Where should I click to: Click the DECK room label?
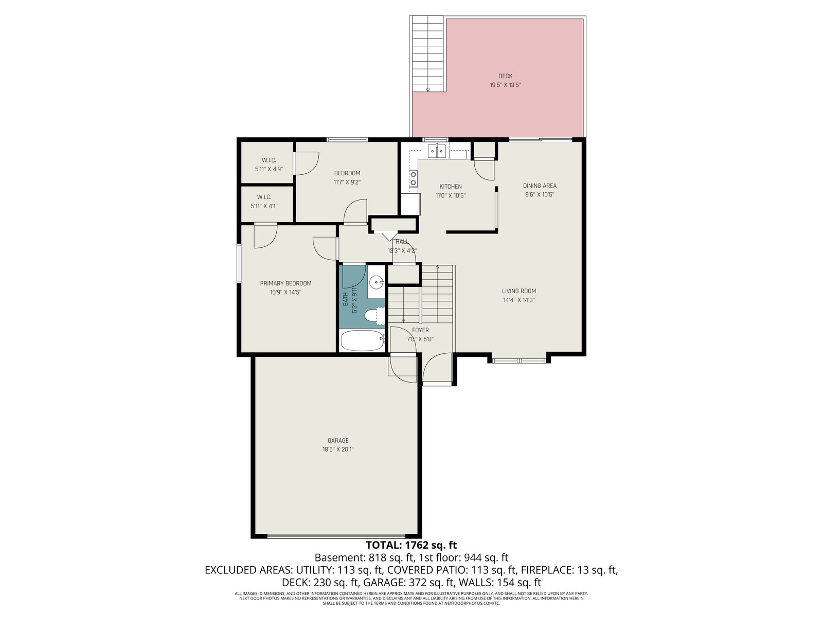[505, 76]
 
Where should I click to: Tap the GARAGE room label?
[338, 441]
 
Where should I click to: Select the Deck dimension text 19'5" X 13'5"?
[505, 85]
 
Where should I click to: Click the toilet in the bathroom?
[374, 315]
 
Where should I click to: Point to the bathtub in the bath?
[362, 340]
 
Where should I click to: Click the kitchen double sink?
[437, 151]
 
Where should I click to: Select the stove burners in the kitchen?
[413, 178]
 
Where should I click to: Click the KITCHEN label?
[450, 187]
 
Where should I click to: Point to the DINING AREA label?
[540, 186]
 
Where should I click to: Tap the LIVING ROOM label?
[519, 291]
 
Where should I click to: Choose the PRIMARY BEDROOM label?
[285, 284]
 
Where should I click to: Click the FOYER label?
[420, 331]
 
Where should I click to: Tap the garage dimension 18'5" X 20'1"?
[338, 449]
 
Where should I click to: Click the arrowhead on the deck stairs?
[427, 90]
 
